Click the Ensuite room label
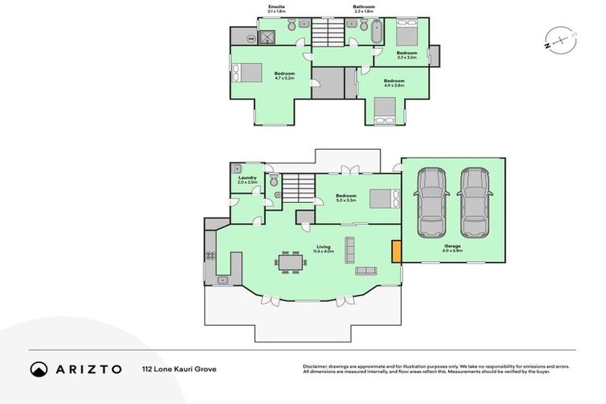click(x=275, y=7)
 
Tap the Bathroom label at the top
click(x=364, y=7)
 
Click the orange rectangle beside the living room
click(x=396, y=252)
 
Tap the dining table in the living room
click(x=290, y=261)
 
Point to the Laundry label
click(x=247, y=178)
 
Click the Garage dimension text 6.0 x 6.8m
click(x=452, y=251)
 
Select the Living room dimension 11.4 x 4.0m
click(x=324, y=251)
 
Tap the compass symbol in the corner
click(x=557, y=39)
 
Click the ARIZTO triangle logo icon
click(x=39, y=368)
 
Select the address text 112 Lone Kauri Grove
click(x=179, y=368)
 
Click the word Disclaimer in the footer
click(x=317, y=366)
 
